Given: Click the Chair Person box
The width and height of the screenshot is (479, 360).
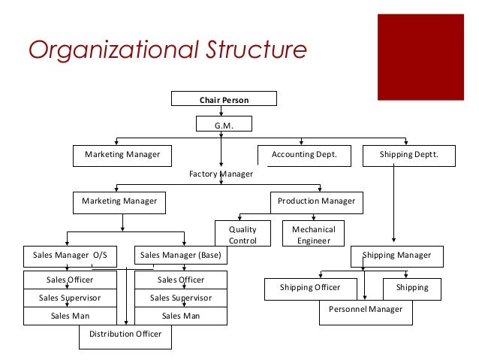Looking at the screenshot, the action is pyautogui.click(x=224, y=99).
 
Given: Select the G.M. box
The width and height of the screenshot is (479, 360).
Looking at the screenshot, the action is pyautogui.click(x=224, y=126).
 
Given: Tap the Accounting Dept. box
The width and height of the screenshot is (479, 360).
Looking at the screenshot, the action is pyautogui.click(x=303, y=155).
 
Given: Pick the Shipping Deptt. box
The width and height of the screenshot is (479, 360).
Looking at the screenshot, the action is pyautogui.click(x=409, y=155).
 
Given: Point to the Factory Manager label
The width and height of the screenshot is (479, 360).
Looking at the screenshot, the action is pyautogui.click(x=221, y=174).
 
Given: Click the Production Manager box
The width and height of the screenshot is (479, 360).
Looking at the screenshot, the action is pyautogui.click(x=317, y=201).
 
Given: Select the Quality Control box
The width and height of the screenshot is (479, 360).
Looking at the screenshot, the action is pyautogui.click(x=243, y=234).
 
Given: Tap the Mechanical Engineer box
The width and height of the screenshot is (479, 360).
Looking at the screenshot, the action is pyautogui.click(x=313, y=234).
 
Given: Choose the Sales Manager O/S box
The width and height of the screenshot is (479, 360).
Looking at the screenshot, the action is pyautogui.click(x=70, y=256).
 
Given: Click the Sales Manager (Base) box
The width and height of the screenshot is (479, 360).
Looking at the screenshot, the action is pyautogui.click(x=180, y=256).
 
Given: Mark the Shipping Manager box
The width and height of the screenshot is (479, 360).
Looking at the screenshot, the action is pyautogui.click(x=396, y=256).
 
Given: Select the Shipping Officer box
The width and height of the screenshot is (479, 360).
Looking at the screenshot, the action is pyautogui.click(x=310, y=288).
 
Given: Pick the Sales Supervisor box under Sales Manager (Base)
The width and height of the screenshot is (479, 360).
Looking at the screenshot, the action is pyautogui.click(x=181, y=298).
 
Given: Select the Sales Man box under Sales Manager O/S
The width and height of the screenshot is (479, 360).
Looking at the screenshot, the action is pyautogui.click(x=70, y=316).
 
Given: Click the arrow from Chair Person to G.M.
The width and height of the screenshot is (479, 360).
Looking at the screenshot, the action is pyautogui.click(x=221, y=110).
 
